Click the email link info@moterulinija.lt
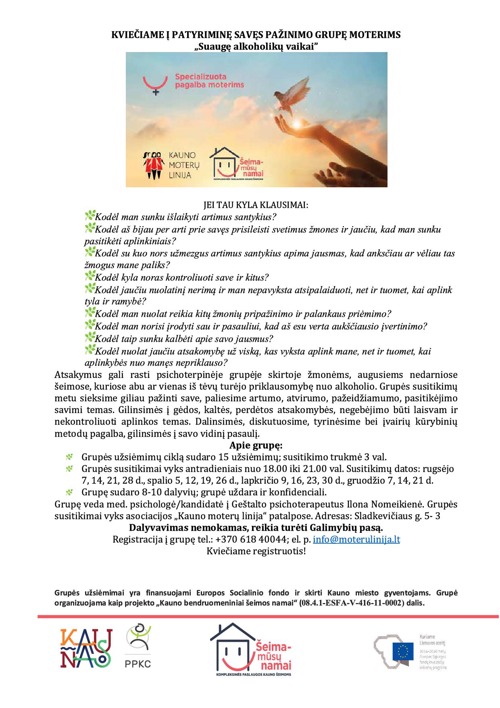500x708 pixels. pyautogui.click(x=356, y=539)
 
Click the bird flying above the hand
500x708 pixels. pyautogui.click(x=288, y=94)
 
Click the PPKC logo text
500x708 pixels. pyautogui.click(x=138, y=663)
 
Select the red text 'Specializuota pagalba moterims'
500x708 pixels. pyautogui.click(x=209, y=80)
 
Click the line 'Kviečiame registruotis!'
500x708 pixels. pyautogui.click(x=256, y=551)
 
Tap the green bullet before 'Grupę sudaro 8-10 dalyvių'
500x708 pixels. pyautogui.click(x=70, y=492)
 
